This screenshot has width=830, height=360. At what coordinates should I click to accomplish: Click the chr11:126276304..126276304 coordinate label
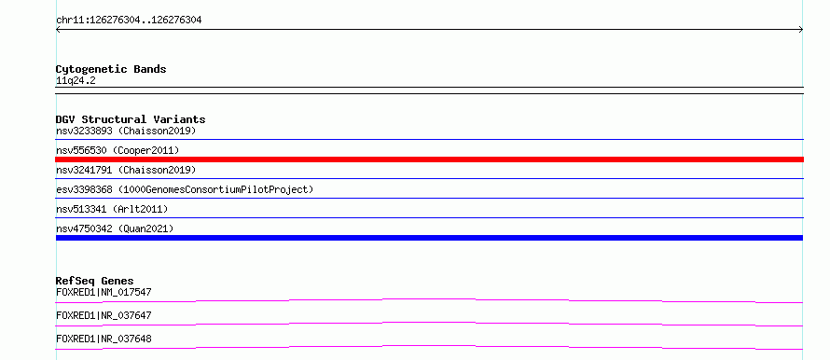point(129,21)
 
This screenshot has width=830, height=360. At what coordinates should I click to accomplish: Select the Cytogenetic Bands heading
point(111,69)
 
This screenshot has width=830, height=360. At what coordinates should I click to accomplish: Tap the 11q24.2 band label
point(76,81)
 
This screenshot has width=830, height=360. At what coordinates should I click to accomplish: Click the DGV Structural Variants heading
point(131,119)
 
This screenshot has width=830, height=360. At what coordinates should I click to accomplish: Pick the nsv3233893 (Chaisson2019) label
point(126,131)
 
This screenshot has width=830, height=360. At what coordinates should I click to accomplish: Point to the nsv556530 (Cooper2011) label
point(118,150)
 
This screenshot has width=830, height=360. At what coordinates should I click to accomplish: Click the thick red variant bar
point(429,159)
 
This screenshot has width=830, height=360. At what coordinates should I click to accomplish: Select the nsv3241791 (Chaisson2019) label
point(126,170)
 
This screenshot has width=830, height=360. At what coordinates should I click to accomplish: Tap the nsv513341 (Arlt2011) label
point(112,209)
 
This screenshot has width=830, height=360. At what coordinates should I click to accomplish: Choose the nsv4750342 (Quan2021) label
point(115,228)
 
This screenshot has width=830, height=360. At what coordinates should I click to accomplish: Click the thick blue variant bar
point(429,238)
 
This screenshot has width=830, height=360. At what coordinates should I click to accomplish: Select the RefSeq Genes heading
point(95,281)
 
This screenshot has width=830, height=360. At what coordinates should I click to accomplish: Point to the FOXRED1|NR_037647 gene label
point(104,315)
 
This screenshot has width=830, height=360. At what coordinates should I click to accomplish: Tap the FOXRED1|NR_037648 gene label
point(104,339)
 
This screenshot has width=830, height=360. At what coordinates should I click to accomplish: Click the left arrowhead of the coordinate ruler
point(57,30)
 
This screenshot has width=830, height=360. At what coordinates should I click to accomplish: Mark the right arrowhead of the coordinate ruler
point(802,30)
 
